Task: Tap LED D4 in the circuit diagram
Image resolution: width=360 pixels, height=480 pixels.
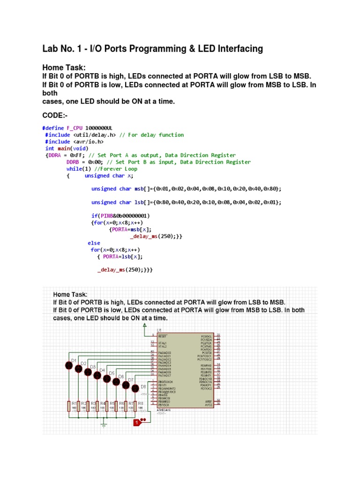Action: tap(97, 375)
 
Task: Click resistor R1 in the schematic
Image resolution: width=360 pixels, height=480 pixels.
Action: tap(69, 406)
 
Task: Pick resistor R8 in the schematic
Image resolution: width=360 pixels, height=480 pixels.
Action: tap(135, 406)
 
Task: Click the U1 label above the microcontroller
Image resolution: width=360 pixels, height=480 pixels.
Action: tap(160, 330)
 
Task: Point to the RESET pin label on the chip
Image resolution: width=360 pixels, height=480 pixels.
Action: tap(163, 336)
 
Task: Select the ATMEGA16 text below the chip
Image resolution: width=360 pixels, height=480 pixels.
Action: tap(165, 410)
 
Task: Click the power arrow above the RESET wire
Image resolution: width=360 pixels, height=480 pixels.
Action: tap(144, 325)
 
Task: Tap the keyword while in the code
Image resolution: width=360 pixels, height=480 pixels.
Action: tap(73, 169)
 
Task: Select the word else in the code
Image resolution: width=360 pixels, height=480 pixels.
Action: tap(94, 243)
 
